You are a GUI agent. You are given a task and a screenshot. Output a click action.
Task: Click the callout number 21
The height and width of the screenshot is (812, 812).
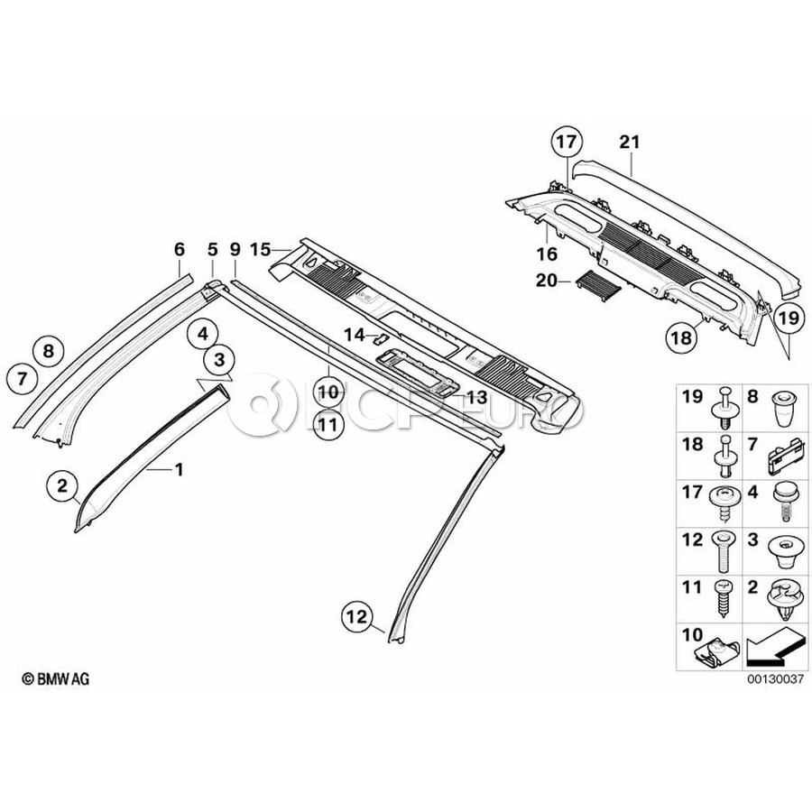coord(629,142)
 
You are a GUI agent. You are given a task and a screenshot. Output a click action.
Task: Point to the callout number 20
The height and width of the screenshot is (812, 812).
coord(547,281)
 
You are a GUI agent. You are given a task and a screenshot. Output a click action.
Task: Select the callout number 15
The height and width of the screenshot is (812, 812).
coord(261,247)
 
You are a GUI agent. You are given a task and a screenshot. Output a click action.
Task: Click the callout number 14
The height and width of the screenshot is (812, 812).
coord(355,335)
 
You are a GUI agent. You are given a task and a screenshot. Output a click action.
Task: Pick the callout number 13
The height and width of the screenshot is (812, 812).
coord(476,397)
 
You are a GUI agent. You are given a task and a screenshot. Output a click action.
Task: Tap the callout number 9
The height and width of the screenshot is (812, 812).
coord(235,247)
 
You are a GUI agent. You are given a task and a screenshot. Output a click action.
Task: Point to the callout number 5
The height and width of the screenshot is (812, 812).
coord(212,247)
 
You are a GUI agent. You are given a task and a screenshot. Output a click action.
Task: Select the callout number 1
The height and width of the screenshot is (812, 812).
coord(179,470)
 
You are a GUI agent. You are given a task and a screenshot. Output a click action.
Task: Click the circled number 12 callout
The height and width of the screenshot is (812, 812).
coord(356,617)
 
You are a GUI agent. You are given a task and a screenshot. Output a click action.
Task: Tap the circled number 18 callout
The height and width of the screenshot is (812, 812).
coord(681,338)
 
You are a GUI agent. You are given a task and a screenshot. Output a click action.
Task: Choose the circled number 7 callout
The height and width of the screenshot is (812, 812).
coord(23,379)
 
